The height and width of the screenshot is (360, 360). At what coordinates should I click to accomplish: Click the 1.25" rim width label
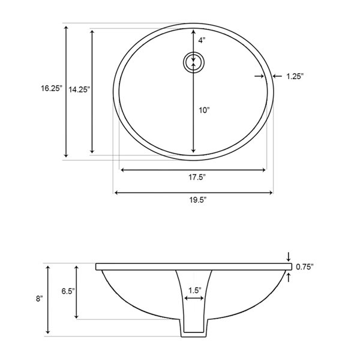(x=295, y=76)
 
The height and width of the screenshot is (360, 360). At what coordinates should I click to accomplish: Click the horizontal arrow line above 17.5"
(x=193, y=170)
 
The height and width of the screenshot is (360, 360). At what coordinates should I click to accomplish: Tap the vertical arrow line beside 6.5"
(x=76, y=291)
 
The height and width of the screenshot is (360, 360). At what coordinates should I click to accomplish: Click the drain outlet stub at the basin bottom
(x=194, y=327)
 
